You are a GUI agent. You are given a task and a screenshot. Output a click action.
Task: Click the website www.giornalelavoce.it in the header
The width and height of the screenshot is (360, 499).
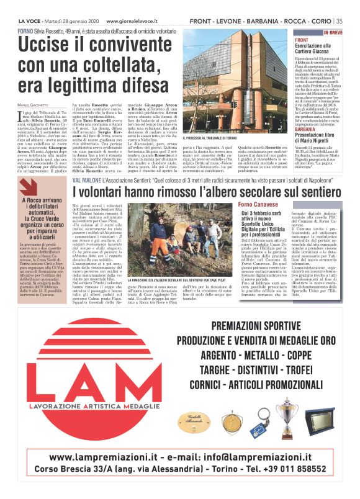point(135,21)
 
